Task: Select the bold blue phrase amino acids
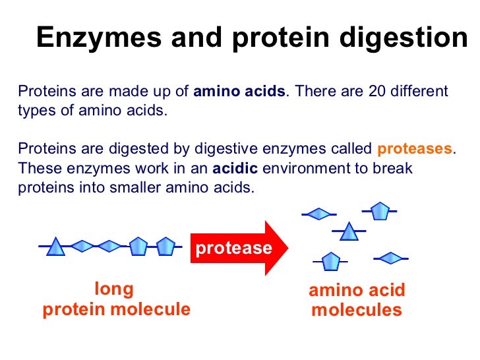(240, 91)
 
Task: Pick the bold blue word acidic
(234, 167)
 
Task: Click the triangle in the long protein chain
(56, 247)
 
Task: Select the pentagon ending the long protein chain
(165, 247)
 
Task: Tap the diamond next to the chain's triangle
(82, 247)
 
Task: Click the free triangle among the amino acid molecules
(349, 232)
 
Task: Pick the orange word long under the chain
(114, 289)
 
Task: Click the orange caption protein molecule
(116, 309)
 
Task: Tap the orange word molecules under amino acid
(357, 310)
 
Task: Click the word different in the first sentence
(421, 91)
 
